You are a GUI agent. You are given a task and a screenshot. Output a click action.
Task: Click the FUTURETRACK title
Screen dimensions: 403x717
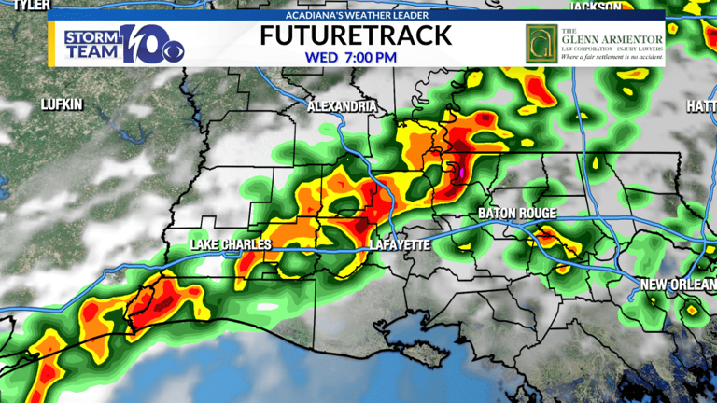[x=356, y=35]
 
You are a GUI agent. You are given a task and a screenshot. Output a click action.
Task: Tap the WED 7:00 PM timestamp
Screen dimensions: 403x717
[x=351, y=57]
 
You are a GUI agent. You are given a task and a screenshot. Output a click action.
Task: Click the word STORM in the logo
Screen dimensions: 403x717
[x=91, y=37]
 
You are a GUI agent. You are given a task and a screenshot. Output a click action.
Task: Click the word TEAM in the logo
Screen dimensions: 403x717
[x=90, y=52]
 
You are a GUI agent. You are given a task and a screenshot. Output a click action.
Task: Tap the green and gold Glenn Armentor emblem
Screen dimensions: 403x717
[x=539, y=42]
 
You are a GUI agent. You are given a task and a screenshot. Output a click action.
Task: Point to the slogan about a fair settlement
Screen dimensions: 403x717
[x=612, y=58]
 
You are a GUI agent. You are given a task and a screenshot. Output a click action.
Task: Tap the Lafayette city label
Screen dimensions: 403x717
[x=399, y=244]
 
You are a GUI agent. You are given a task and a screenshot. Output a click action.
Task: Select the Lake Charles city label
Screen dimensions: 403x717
[x=231, y=244]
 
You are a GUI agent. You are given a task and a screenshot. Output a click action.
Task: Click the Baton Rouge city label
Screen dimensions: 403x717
[x=516, y=214]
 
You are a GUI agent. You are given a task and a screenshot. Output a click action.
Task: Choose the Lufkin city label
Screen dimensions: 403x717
[x=62, y=104]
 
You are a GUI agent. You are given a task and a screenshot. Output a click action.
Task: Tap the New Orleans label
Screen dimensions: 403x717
[x=679, y=284]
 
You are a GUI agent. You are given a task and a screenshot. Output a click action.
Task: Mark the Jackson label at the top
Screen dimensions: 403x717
[x=596, y=6]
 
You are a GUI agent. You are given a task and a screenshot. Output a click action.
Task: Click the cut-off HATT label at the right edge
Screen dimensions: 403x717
[x=701, y=107]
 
